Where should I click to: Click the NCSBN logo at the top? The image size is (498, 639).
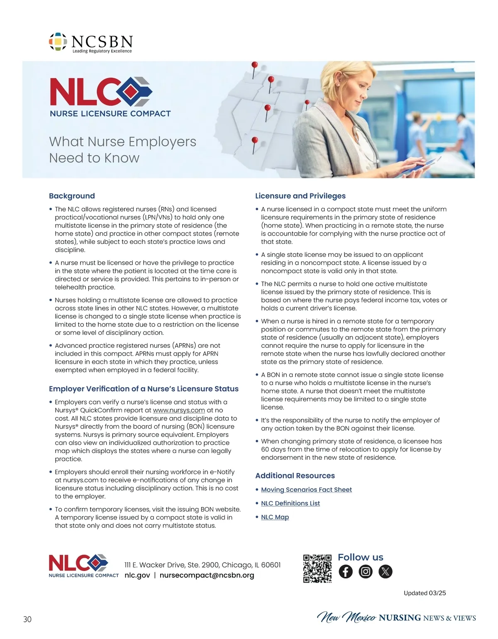tap(91, 42)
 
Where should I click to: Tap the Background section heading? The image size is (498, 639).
tap(72, 196)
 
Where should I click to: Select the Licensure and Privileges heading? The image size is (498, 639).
tap(300, 196)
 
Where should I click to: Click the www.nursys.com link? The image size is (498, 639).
tap(179, 410)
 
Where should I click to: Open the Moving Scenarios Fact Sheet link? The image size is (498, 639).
tap(306, 490)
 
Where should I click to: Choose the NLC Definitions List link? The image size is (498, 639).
tap(290, 503)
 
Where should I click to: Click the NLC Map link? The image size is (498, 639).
tap(275, 517)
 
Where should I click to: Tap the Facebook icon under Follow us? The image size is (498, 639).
tap(346, 572)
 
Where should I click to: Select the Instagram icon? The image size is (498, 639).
tap(366, 572)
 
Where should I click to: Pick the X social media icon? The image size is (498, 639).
tap(386, 572)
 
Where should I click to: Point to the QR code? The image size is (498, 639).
tap(317, 568)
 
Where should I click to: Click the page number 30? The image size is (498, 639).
tap(27, 619)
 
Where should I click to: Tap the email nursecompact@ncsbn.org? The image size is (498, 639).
tap(207, 576)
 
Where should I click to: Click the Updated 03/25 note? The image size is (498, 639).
tap(425, 593)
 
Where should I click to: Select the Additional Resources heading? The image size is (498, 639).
tap(295, 476)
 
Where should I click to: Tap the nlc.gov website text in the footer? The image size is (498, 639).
tap(137, 576)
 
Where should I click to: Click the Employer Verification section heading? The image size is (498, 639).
tap(144, 389)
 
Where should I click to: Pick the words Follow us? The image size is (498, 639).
tap(360, 557)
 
